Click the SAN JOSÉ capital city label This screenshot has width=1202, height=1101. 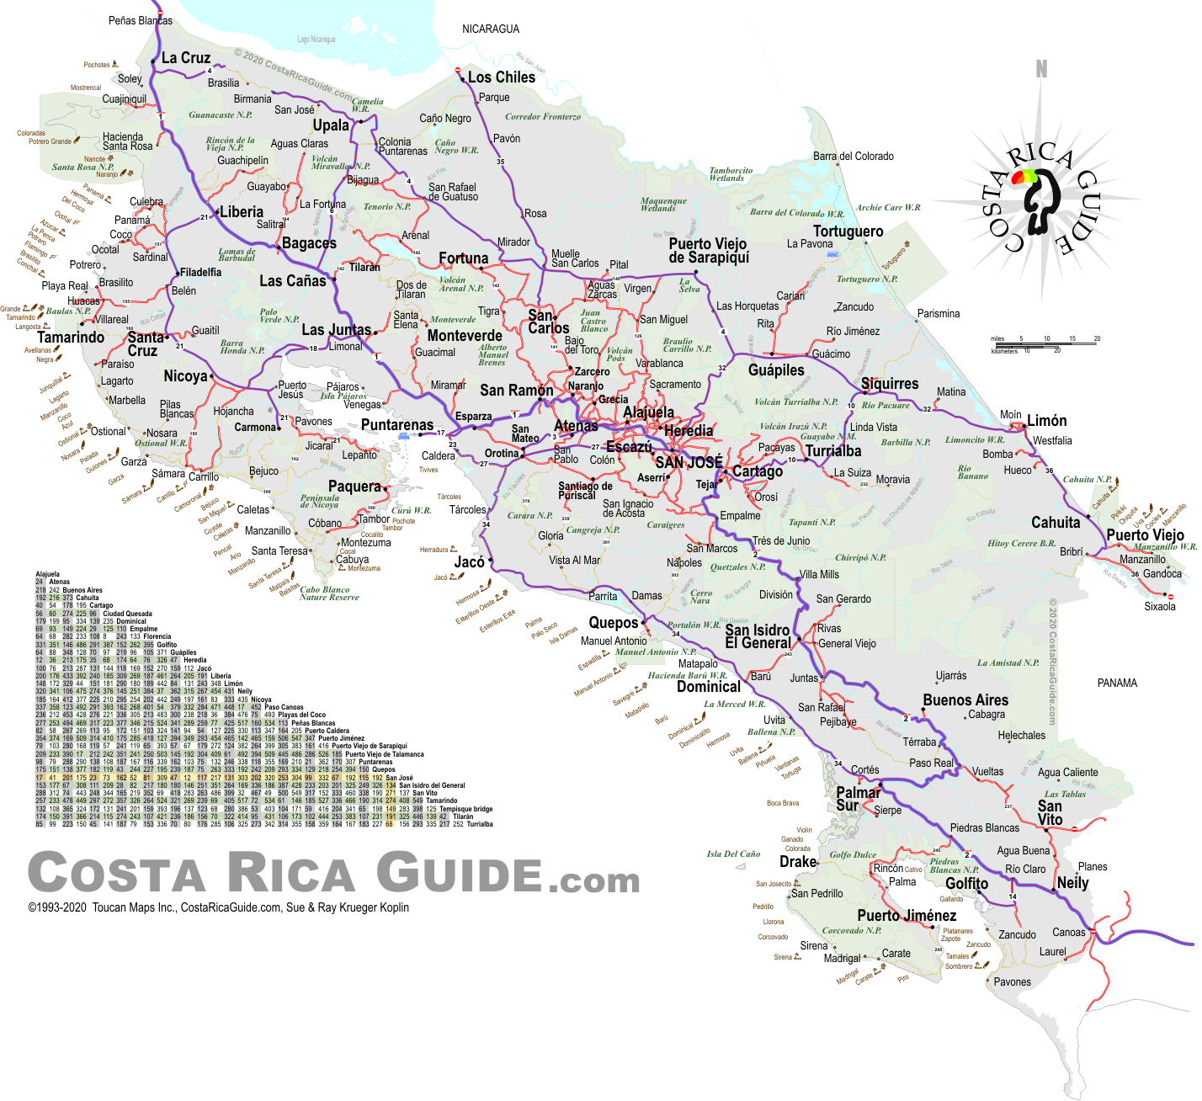[689, 462]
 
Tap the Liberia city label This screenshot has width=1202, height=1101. [242, 212]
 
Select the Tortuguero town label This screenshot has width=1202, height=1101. [848, 231]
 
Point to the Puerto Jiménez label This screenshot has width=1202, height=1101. [907, 916]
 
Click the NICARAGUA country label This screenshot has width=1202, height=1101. [491, 29]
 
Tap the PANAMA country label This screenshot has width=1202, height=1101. [1117, 683]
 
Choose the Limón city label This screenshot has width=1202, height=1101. [1046, 421]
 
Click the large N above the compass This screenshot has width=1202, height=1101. [1041, 69]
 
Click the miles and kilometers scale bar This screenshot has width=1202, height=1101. [1045, 343]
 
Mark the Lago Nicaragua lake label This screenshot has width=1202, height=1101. [316, 40]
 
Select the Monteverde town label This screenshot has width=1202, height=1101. [465, 335]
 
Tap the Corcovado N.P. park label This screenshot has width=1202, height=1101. [851, 930]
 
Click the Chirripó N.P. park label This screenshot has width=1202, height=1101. [860, 557]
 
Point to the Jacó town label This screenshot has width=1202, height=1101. [470, 562]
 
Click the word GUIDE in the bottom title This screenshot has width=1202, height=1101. [459, 872]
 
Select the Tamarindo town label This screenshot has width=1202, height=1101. [71, 338]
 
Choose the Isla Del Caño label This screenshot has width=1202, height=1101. [733, 854]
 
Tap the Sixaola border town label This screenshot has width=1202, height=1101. [1160, 606]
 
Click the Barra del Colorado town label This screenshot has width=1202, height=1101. [853, 156]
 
